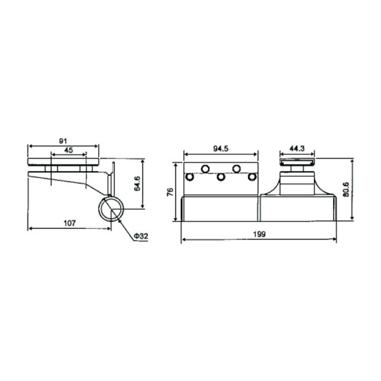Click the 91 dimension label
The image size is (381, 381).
point(63,141)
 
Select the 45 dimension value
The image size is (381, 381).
point(69,150)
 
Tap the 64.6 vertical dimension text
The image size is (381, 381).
point(138,184)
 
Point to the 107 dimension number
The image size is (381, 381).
point(70,223)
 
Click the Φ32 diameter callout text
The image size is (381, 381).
point(141,236)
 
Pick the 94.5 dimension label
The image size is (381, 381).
point(221,149)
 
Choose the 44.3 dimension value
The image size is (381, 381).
point(297,149)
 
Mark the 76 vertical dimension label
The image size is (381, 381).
point(170,192)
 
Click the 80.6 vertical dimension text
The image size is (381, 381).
point(347,189)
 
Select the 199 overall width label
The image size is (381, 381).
point(260,234)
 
